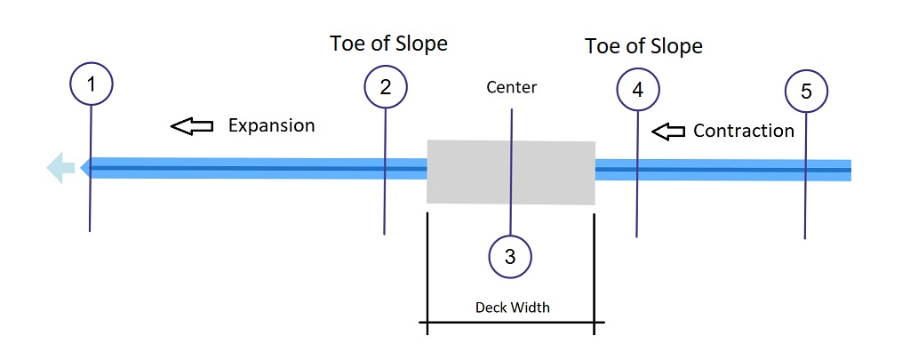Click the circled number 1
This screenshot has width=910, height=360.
click(91, 86)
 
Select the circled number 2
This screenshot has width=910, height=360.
click(386, 87)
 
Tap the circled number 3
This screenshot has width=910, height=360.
click(510, 257)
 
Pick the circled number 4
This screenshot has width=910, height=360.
click(637, 90)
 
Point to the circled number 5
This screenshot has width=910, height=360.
click(806, 91)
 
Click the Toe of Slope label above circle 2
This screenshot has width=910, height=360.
click(388, 43)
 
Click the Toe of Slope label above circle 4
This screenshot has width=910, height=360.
click(643, 46)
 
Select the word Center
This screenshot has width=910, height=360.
click(512, 88)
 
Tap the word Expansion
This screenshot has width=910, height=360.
click(271, 125)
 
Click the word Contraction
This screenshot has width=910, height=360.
click(743, 131)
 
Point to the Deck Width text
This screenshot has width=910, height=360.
click(512, 308)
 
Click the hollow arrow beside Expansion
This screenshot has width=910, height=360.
click(192, 126)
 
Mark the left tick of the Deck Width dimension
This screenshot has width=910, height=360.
click(427, 322)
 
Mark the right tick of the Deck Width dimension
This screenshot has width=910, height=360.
click(595, 322)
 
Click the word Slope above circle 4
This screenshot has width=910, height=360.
click(674, 46)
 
